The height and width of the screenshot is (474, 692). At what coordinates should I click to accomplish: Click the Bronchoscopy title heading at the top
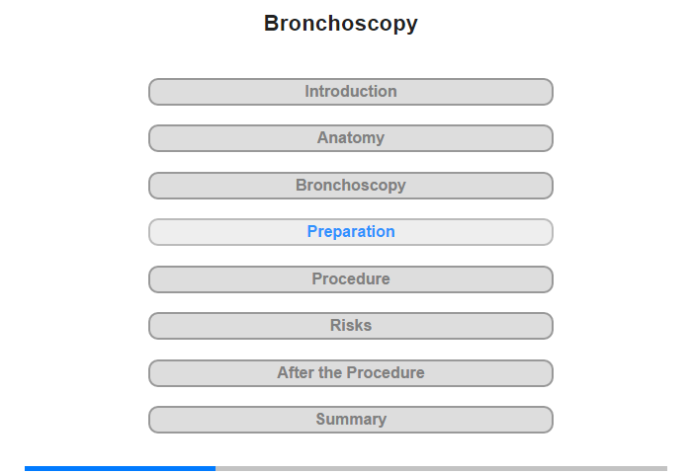pyautogui.click(x=341, y=24)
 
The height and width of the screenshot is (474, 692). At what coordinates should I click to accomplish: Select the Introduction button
pyautogui.click(x=351, y=92)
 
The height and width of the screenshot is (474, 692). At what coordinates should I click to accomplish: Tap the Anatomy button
pyautogui.click(x=351, y=138)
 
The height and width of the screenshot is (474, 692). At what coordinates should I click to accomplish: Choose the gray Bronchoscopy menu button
pyautogui.click(x=351, y=186)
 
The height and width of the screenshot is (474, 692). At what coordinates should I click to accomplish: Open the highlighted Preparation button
pyautogui.click(x=351, y=232)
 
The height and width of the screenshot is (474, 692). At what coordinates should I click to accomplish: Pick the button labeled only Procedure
pyautogui.click(x=351, y=279)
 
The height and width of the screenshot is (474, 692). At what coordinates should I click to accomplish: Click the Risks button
pyautogui.click(x=351, y=326)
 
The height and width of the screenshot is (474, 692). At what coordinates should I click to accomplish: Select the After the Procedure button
pyautogui.click(x=351, y=373)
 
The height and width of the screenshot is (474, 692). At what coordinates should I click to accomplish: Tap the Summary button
pyautogui.click(x=351, y=420)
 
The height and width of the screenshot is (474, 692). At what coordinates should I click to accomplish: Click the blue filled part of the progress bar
pyautogui.click(x=120, y=468)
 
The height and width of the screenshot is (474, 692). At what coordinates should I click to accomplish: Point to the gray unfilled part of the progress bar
pyautogui.click(x=441, y=468)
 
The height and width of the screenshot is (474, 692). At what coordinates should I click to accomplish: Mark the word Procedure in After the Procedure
pyautogui.click(x=386, y=373)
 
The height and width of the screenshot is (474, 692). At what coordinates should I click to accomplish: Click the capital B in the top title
pyautogui.click(x=272, y=24)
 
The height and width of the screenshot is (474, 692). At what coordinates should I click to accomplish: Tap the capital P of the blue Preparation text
pyautogui.click(x=312, y=231)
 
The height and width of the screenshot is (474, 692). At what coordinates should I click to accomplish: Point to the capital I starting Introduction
pyautogui.click(x=307, y=91)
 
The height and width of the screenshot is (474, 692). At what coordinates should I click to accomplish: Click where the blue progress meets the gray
pyautogui.click(x=216, y=468)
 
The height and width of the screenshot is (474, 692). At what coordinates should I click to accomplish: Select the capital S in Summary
pyautogui.click(x=321, y=419)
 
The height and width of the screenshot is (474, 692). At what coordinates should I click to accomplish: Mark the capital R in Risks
pyautogui.click(x=336, y=326)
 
